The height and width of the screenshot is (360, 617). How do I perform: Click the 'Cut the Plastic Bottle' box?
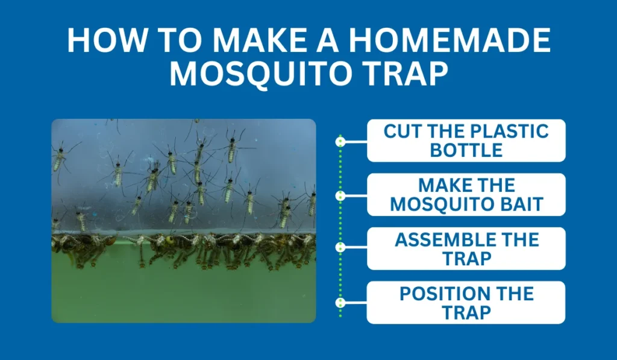pyautogui.click(x=466, y=141)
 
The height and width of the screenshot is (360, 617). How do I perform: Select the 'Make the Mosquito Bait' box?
pyautogui.click(x=466, y=195)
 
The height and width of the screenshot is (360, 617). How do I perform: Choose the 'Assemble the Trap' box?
pyautogui.click(x=466, y=248)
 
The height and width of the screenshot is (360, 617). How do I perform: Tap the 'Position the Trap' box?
pyautogui.click(x=466, y=303)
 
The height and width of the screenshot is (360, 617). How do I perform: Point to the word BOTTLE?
pyautogui.click(x=466, y=150)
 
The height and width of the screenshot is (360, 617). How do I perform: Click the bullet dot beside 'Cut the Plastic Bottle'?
pyautogui.click(x=340, y=142)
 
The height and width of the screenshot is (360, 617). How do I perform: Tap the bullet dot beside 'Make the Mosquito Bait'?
pyautogui.click(x=340, y=196)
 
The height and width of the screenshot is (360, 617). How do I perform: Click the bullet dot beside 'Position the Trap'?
pyautogui.click(x=340, y=303)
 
